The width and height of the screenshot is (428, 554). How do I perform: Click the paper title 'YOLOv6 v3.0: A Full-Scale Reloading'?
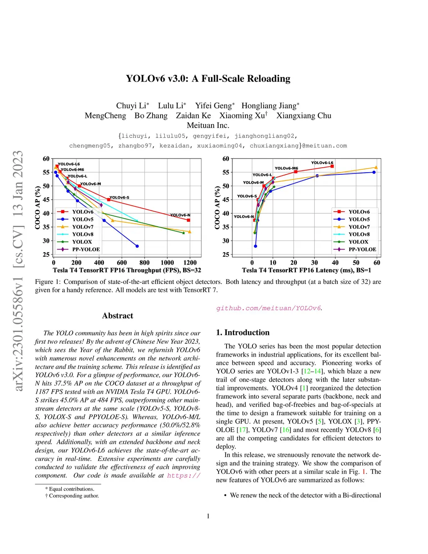click(x=208, y=79)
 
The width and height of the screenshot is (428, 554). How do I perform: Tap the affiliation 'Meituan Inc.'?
click(x=208, y=125)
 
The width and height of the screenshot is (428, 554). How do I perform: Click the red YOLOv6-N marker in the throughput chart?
click(x=189, y=220)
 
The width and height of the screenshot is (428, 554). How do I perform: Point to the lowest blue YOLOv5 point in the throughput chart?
click(x=137, y=246)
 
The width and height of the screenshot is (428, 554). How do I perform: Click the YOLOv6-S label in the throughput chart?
click(x=119, y=197)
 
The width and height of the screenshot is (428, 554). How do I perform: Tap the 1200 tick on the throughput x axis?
click(x=190, y=263)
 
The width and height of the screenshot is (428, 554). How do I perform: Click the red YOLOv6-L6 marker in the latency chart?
click(x=332, y=166)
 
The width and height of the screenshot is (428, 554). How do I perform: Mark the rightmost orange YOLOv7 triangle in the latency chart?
click(x=376, y=168)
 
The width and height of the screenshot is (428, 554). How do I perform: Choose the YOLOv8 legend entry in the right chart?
click(x=359, y=235)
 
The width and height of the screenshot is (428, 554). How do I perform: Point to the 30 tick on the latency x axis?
click(x=315, y=263)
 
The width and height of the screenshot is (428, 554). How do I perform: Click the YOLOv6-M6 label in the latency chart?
click(x=286, y=168)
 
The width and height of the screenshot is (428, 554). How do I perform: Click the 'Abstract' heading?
click(x=117, y=316)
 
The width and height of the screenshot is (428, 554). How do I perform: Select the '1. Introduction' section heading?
click(x=243, y=333)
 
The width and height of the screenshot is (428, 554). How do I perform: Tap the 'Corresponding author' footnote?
click(x=74, y=496)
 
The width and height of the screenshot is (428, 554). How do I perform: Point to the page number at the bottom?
click(x=208, y=516)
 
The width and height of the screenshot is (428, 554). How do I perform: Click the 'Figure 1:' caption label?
click(x=48, y=282)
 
